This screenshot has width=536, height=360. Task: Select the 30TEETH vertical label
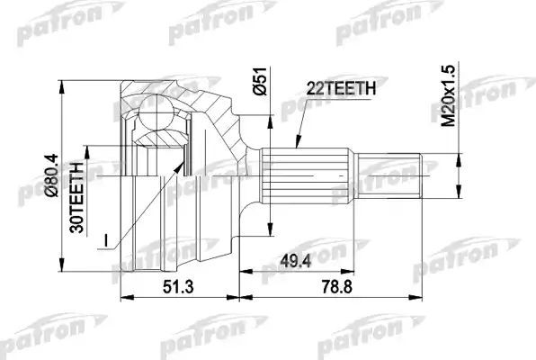click(x=78, y=196)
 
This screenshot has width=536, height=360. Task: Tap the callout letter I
click(x=108, y=241)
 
